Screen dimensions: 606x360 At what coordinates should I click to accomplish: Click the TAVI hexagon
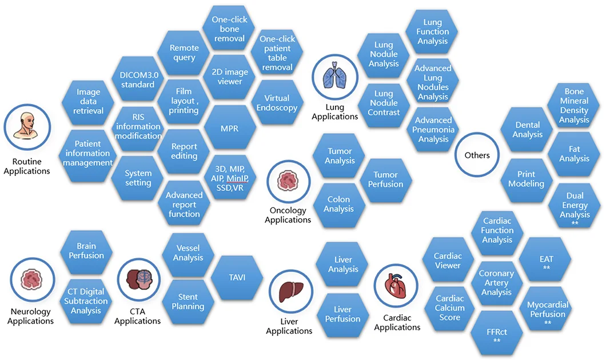(x=237, y=278)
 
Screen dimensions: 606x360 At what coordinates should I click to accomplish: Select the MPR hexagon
(x=230, y=128)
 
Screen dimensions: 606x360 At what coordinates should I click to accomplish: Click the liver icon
(x=291, y=292)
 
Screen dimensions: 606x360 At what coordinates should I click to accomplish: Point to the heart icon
(x=396, y=286)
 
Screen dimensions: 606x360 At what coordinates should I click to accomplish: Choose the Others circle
(x=477, y=155)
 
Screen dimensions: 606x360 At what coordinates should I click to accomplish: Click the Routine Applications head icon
(x=27, y=127)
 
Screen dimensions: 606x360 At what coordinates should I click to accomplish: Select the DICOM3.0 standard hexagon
(x=138, y=79)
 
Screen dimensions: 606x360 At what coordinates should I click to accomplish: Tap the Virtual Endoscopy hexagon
(x=277, y=103)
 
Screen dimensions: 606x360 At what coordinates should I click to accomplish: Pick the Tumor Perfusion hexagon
(x=385, y=179)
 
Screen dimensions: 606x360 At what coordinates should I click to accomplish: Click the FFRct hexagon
(x=497, y=333)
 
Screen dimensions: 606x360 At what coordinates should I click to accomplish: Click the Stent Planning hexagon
(x=188, y=302)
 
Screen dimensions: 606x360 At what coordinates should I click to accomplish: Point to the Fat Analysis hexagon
(x=575, y=154)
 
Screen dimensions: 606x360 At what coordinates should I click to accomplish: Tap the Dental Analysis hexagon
(x=527, y=129)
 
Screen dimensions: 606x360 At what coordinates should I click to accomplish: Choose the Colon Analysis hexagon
(x=338, y=205)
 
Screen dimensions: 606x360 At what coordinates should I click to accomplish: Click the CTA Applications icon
(x=138, y=280)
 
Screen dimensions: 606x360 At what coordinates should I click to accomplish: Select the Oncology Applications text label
(x=288, y=215)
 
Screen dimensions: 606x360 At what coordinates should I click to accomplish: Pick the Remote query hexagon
(x=184, y=53)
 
